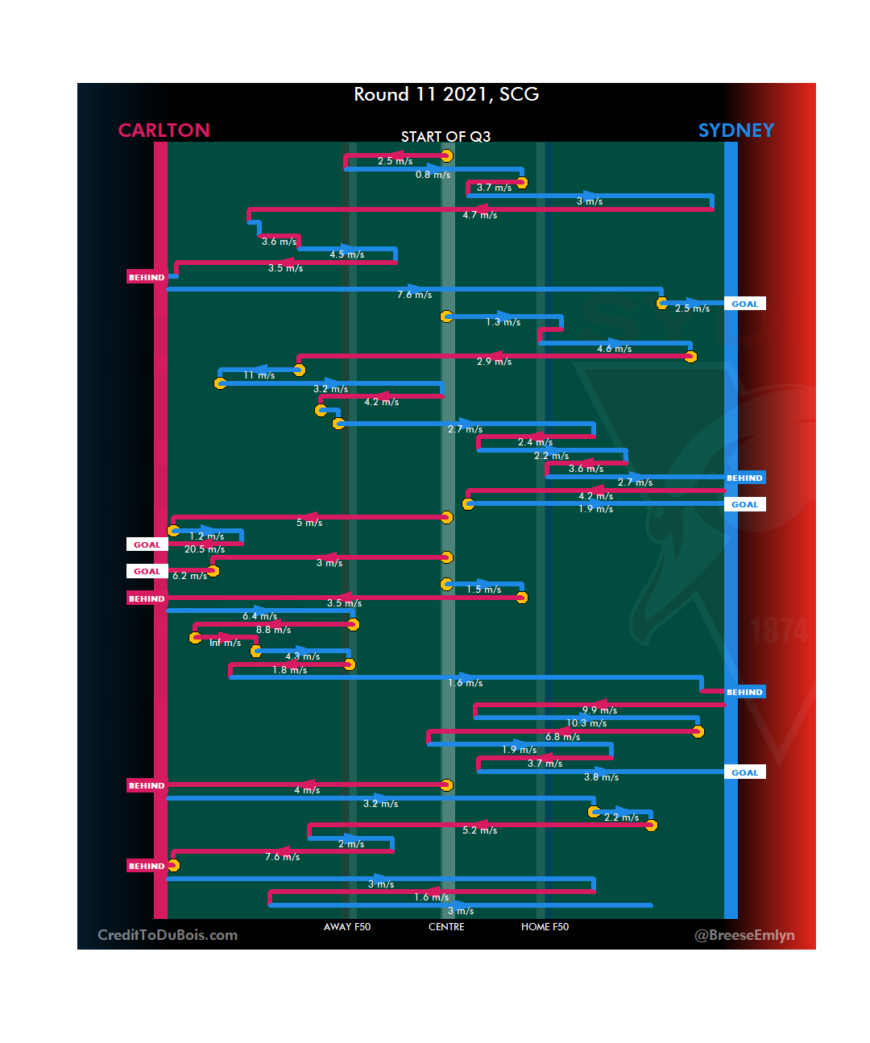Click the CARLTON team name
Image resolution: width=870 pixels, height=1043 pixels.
(164, 130)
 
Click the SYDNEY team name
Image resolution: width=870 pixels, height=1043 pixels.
(735, 130)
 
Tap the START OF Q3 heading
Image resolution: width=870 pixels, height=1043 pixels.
(445, 137)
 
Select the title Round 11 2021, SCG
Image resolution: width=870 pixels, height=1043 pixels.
(446, 94)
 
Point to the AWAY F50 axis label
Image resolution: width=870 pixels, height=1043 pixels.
(347, 927)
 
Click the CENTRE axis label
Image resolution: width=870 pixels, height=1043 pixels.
(446, 927)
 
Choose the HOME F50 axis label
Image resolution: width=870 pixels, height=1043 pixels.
(545, 927)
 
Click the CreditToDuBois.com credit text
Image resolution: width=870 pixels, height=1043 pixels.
(168, 935)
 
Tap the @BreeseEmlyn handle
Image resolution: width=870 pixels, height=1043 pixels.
(744, 935)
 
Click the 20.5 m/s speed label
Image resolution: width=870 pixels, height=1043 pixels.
(205, 549)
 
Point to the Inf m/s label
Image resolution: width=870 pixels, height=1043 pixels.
(225, 643)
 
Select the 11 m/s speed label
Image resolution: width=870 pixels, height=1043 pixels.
(259, 375)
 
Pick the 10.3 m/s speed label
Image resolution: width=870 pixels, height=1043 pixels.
(586, 723)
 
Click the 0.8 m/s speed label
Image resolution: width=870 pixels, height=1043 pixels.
(433, 175)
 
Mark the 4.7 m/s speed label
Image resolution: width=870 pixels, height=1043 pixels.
(479, 215)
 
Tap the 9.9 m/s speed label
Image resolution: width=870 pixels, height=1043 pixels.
(599, 710)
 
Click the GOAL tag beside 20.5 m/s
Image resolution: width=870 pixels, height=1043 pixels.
(147, 544)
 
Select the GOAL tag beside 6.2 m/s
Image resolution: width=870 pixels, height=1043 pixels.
(147, 571)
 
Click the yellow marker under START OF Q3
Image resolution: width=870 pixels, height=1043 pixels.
(446, 155)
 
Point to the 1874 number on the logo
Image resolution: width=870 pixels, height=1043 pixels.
(779, 631)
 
